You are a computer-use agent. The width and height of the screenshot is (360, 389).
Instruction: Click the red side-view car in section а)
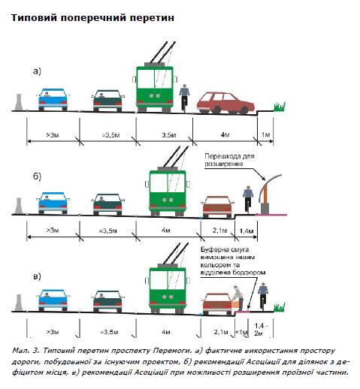(225, 103)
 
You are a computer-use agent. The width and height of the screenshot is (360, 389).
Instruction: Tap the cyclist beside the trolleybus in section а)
(184, 98)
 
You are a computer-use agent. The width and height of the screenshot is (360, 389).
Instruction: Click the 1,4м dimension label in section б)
(247, 231)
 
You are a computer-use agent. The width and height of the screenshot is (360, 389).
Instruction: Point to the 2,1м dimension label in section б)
(219, 230)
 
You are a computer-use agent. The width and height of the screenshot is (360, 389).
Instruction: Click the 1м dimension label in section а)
(265, 135)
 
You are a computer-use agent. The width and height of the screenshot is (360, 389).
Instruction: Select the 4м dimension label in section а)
(225, 135)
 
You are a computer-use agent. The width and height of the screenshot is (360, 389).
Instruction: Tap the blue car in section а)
(53, 100)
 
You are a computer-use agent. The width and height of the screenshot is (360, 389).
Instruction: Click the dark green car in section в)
(107, 301)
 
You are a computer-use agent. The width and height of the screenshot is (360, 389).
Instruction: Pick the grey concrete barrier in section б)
(19, 206)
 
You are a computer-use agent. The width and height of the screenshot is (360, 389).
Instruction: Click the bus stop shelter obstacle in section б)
(268, 194)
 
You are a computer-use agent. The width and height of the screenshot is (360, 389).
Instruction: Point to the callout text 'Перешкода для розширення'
(229, 160)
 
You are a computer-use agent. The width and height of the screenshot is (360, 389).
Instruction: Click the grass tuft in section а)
(280, 107)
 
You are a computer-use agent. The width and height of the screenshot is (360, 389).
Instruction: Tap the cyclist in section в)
(263, 297)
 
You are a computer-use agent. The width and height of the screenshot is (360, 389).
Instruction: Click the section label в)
(37, 276)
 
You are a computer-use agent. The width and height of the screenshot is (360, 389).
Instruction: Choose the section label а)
(37, 71)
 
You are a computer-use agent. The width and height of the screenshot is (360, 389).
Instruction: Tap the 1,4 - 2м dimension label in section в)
(261, 330)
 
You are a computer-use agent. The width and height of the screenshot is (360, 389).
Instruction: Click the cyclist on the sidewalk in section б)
(248, 200)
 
